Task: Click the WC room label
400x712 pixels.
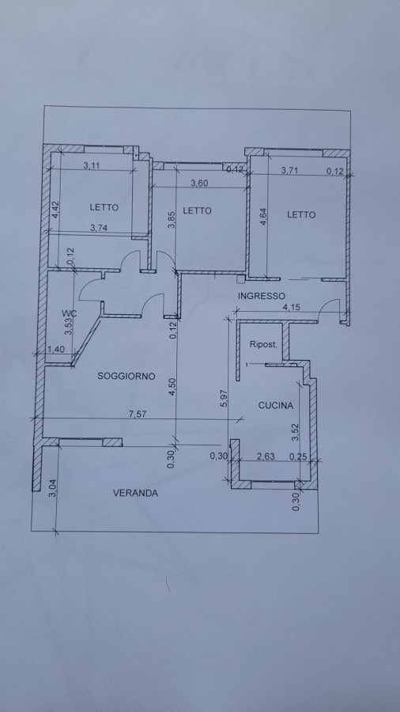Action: click(70, 312)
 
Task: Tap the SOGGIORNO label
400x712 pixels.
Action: click(126, 376)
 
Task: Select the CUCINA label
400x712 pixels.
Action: click(276, 406)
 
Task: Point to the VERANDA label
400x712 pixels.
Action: click(136, 493)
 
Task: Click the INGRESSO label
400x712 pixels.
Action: click(262, 296)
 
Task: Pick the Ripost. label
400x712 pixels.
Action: click(263, 344)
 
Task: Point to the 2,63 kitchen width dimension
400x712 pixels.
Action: click(266, 456)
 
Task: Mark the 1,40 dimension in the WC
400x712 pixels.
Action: click(55, 349)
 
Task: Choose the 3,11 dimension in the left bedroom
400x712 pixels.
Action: click(91, 165)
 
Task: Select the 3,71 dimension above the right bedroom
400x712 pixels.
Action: click(290, 171)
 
